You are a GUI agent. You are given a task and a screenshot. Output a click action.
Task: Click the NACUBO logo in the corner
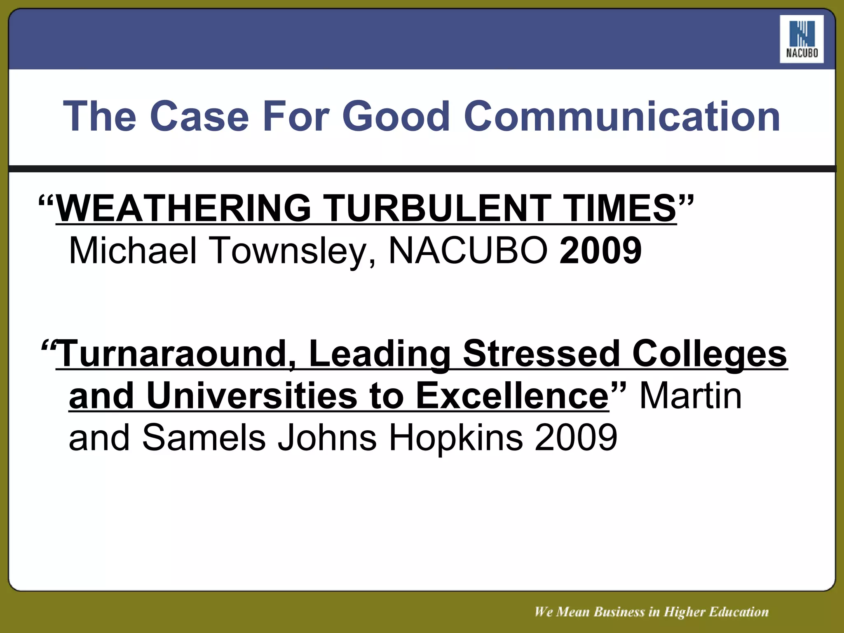[x=802, y=39]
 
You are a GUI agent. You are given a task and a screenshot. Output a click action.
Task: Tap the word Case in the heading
[x=202, y=117]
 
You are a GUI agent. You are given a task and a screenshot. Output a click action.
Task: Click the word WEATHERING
[x=183, y=208]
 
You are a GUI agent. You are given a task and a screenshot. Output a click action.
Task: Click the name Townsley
[x=288, y=251]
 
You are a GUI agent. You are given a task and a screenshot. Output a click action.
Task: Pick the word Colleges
[x=709, y=354]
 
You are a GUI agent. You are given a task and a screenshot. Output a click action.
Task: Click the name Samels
[x=204, y=438]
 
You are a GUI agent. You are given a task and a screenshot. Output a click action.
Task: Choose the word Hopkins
[x=455, y=438]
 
